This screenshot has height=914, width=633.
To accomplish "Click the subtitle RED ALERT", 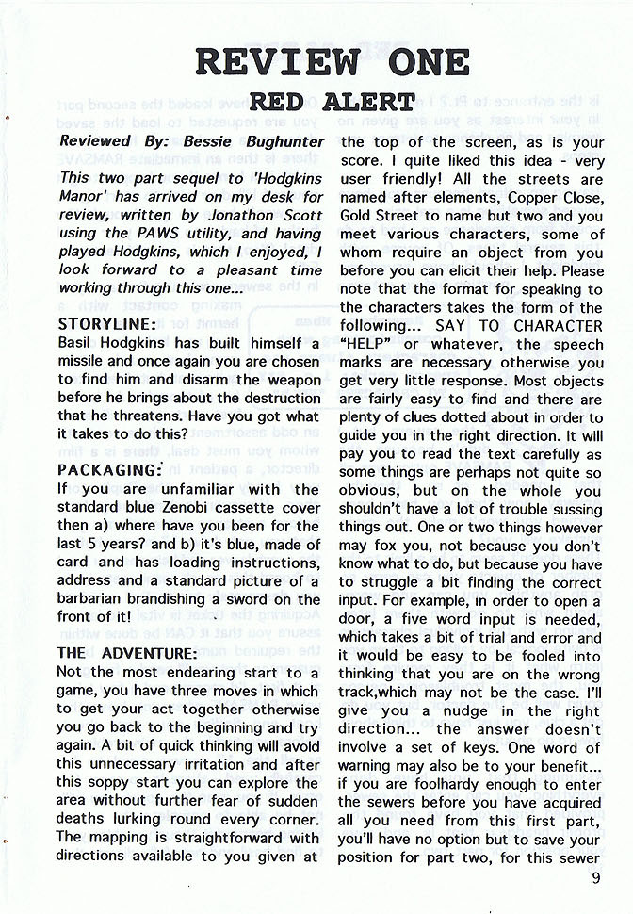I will tap(332, 102).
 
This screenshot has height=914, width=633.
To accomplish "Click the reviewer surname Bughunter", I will tap(280, 141).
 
